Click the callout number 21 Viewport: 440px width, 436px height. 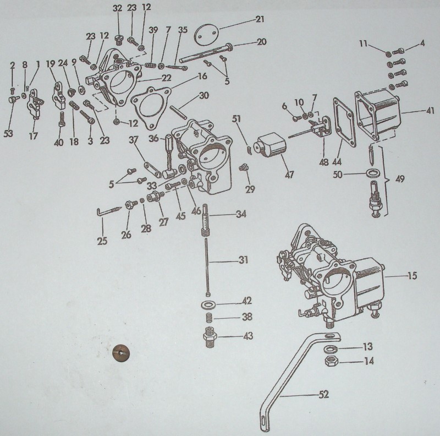pos(260,19)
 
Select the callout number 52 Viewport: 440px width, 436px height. pos(323,395)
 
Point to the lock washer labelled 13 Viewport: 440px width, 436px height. pos(331,349)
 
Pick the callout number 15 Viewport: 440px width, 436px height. pos(412,276)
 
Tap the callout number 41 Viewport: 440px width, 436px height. pos(430,111)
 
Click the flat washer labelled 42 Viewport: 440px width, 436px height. pos(208,304)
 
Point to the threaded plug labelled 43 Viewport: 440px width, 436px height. pos(210,337)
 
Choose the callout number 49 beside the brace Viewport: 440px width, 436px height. pos(400,179)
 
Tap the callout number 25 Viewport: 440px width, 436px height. pos(102,241)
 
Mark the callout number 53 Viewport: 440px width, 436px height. pos(8,133)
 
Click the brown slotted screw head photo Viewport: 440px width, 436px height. pos(121,352)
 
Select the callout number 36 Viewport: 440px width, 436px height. pos(153,138)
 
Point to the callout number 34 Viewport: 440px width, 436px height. pos(241,214)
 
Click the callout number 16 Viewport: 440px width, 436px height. pos(202,77)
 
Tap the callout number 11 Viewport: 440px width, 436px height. pos(363,43)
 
